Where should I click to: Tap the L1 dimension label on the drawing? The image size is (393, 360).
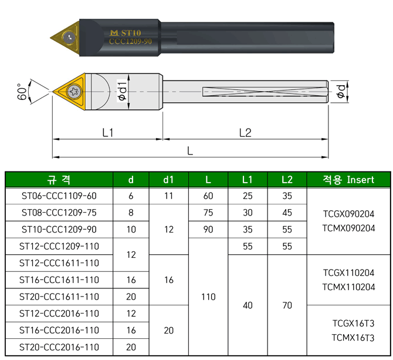pos(107,133)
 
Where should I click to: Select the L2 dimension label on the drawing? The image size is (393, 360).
pos(245,133)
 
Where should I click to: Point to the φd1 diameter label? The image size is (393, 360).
pos(123,91)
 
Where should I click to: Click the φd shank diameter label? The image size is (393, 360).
pos(340,91)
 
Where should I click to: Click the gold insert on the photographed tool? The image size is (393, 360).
pos(67,36)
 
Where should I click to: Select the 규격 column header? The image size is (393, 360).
pos(58,179)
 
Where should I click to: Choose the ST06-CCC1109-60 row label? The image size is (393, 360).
pos(59,196)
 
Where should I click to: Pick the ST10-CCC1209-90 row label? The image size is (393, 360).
pos(59,229)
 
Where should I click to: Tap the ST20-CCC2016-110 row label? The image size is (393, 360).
pos(59,347)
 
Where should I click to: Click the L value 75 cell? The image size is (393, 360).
pos(208,213)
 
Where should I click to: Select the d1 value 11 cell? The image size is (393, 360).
pos(169,196)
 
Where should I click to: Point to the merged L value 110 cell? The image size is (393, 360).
pos(208,297)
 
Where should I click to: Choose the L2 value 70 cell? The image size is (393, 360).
pos(287,305)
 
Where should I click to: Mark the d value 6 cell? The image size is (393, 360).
pos(131,196)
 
